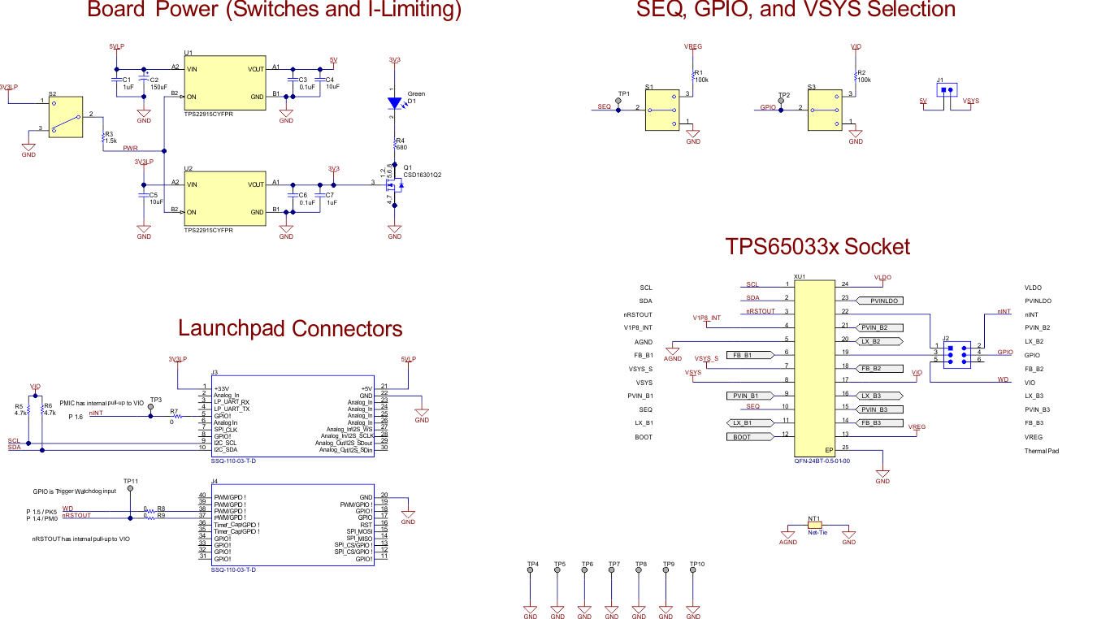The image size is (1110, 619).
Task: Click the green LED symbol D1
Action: coord(395,103)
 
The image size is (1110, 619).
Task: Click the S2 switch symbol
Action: coord(65,116)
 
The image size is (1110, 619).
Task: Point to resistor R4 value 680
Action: coord(401,147)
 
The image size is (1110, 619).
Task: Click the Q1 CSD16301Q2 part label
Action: coord(422,175)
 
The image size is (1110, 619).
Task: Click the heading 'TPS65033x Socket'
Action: coord(817,247)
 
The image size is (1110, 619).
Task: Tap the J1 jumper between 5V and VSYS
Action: coord(946,90)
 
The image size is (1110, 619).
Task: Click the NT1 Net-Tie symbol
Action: coord(815,526)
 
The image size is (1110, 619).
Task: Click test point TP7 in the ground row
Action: coord(614,571)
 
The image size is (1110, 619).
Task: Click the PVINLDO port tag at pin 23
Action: coord(881,301)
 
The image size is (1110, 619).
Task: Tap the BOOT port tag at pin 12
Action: coord(748,437)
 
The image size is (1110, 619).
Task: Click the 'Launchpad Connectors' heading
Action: coord(290,328)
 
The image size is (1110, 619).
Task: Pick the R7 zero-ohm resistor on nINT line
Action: coord(173,416)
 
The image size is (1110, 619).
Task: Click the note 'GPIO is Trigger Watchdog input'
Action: coord(74,491)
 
